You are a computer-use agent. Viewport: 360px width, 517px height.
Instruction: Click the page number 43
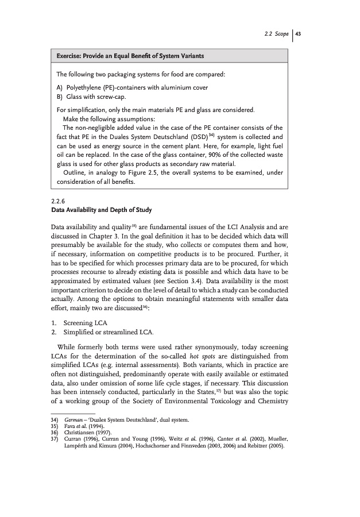click(298, 33)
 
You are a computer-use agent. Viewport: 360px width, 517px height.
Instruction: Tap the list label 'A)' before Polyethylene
click(60, 87)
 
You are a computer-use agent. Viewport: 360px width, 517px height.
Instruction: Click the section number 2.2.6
click(59, 201)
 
